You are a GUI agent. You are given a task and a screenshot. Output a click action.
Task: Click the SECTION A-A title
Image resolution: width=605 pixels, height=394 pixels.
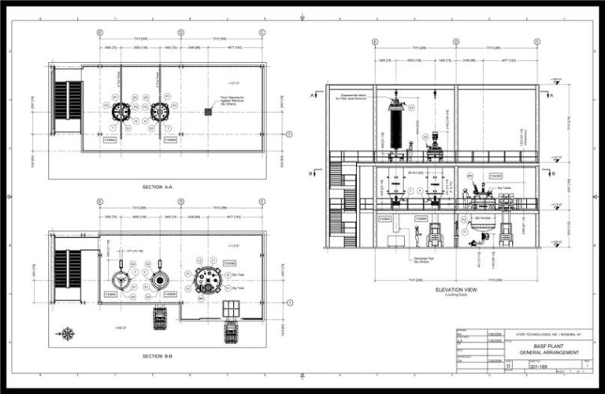[x=158, y=188]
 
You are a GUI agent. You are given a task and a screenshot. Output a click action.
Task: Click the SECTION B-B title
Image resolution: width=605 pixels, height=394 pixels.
[x=158, y=356]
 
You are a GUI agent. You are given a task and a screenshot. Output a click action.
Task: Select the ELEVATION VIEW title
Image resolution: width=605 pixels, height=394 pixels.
[x=457, y=289]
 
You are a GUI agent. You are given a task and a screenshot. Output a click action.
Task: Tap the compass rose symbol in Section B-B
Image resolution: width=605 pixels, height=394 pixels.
[x=68, y=333]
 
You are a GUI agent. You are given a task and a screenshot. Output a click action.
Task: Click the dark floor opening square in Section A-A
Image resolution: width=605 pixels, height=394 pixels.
[x=208, y=112]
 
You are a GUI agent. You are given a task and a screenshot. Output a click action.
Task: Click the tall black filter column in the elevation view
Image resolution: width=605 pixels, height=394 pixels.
[x=395, y=125]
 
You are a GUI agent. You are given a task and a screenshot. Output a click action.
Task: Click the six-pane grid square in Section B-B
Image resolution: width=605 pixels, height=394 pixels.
[x=232, y=307]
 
